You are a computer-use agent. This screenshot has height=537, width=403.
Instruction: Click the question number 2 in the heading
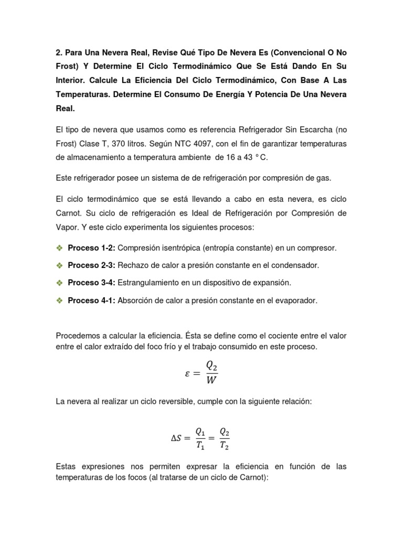58,53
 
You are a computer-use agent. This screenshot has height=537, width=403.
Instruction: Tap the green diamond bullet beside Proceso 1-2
59,248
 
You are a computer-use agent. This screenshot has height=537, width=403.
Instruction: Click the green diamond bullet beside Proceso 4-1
59,300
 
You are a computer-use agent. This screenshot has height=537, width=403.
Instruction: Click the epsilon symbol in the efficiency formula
188,373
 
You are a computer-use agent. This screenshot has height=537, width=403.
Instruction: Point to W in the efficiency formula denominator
211,381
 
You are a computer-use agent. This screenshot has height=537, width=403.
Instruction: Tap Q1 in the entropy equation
200,431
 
